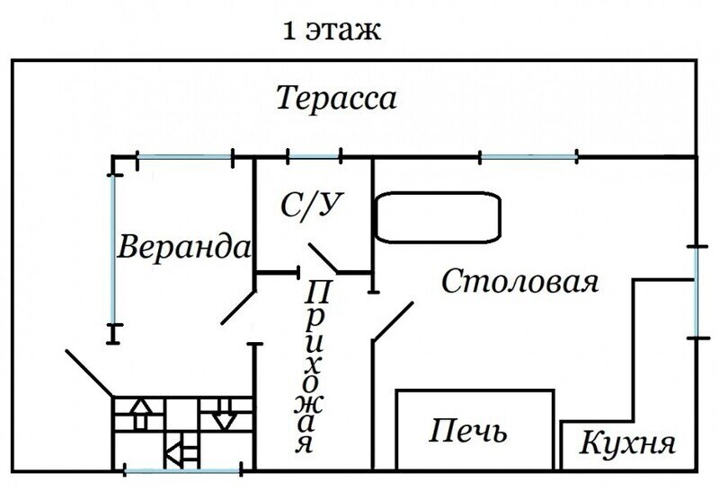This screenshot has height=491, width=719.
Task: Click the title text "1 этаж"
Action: tap(332, 31)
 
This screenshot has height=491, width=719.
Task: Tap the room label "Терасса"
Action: tap(336, 97)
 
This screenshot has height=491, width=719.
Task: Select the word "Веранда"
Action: tap(184, 246)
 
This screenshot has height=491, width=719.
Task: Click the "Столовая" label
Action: tap(520, 281)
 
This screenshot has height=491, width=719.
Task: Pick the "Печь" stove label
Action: tap(466, 433)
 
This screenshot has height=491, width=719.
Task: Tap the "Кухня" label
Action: tap(626, 443)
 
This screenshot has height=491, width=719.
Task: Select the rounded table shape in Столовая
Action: tap(437, 217)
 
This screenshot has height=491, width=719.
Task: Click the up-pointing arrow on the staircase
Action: tap(141, 415)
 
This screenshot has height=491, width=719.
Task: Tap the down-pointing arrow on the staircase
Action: tap(223, 416)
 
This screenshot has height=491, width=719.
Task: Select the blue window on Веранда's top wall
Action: tap(184, 159)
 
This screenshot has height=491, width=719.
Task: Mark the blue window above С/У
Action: tap(314, 158)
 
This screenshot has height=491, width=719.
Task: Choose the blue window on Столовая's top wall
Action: tap(528, 158)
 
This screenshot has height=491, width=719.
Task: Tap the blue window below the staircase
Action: tap(181, 470)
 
